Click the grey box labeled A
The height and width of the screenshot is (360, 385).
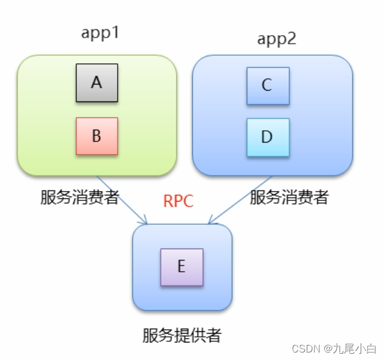pos(96,83)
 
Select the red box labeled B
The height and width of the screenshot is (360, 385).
pos(96,136)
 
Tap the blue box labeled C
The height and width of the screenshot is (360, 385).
pos(267,86)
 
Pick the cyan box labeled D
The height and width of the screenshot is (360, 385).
pos(267,137)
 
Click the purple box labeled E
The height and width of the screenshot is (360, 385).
pos(182,267)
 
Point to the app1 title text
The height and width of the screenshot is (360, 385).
pos(100,33)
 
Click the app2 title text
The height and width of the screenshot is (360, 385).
pos(276,39)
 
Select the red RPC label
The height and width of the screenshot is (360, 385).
pos(178,201)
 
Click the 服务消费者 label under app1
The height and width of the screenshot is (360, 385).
pos(80,198)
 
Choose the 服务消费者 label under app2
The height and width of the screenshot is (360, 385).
pos(289,198)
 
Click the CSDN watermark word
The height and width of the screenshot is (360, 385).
pos(306,348)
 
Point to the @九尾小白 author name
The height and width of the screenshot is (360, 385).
pos(353,348)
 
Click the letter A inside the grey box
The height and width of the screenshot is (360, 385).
pos(96,83)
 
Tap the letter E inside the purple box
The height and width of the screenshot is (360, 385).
pos(182,267)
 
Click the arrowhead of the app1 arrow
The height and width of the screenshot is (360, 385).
pos(144,221)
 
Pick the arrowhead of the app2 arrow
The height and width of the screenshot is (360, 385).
pos(211,220)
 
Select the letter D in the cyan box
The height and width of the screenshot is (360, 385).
pos(267,137)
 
